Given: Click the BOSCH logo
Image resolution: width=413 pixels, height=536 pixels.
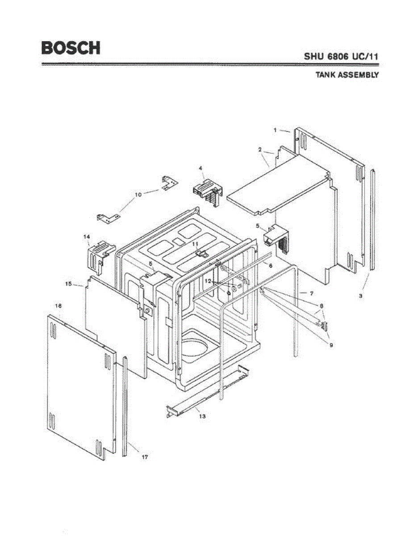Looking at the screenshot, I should coord(71,47).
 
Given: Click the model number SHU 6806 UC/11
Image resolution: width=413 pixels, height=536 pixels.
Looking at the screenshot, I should coord(342,57).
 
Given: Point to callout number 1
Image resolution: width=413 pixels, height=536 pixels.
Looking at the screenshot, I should coord(276,130).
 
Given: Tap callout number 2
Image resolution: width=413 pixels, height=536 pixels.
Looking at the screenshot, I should coord(260,150).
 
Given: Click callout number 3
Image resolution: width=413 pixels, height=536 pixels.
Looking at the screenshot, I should coord(361,296).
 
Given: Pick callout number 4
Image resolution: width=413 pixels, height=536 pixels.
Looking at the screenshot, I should coord(201,168).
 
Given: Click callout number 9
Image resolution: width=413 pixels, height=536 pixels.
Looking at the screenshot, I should coord(331,345).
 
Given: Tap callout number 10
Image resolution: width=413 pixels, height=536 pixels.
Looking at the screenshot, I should coord(138,194).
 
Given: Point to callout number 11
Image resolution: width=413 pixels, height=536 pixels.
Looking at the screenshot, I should coord(195,244).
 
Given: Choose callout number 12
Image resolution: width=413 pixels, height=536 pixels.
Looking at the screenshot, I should coord(208,281).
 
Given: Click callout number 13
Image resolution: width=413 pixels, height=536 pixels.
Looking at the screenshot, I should coord(202,416).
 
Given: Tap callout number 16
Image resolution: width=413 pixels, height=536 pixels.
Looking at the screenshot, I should coord(58,306).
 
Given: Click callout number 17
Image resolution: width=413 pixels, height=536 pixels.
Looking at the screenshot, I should coord(145,457).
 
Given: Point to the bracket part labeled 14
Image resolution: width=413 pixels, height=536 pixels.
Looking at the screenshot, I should coord(99,255).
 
